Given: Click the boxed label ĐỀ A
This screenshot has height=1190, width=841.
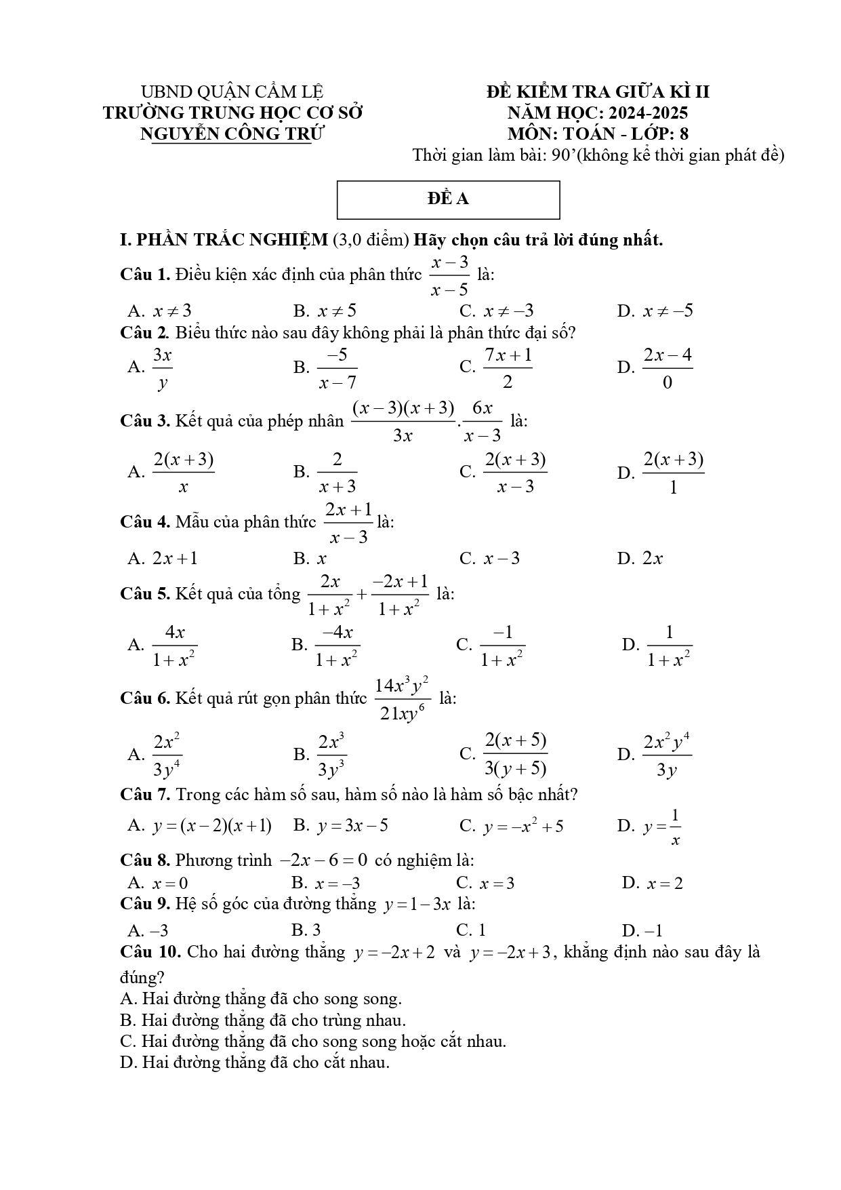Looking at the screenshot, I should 448,199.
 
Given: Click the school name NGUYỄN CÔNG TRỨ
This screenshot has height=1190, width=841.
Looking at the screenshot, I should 232,134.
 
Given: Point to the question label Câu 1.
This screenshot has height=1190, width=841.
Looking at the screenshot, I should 144,275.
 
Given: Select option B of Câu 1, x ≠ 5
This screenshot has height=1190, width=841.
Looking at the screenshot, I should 325,311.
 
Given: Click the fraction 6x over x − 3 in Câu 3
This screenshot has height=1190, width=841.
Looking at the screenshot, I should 483,421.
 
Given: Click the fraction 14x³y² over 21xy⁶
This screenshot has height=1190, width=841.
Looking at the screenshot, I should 403,698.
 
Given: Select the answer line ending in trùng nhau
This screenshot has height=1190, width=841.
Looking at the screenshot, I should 263,1020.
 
